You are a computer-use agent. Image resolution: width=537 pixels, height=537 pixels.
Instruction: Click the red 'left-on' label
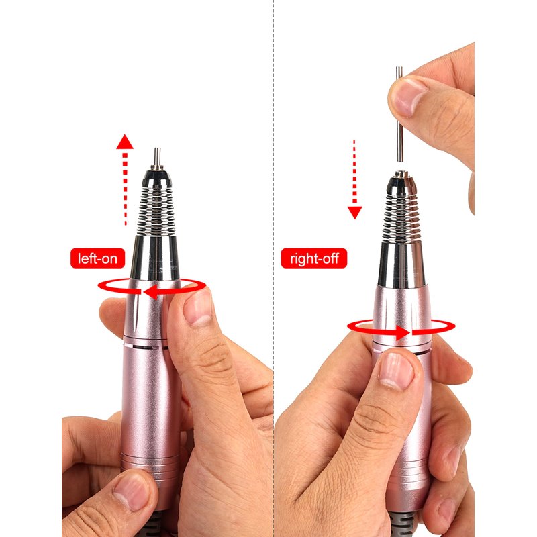coord(97,258)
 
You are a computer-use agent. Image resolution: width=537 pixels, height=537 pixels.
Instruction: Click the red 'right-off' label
coord(314,258)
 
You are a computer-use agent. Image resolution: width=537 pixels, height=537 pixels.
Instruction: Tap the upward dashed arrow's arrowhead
coord(125,142)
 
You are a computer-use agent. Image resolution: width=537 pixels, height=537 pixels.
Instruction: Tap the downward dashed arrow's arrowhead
coord(355,212)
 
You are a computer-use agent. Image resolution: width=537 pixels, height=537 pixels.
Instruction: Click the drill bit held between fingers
coord(399,114)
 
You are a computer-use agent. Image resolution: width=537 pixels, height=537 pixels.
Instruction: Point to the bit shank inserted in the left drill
coord(157,158)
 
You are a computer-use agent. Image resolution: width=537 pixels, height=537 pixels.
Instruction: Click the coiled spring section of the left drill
coord(156,211)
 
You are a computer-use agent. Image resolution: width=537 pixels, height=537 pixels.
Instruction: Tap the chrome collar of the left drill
coord(155,257)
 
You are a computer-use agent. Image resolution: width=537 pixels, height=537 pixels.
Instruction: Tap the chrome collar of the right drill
coord(401,264)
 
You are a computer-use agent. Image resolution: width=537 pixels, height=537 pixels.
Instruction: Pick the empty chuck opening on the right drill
coord(401,175)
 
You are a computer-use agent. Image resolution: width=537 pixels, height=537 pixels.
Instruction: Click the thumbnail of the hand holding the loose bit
coord(409,97)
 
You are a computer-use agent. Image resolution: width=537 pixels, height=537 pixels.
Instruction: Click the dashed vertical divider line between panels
coord(273,268)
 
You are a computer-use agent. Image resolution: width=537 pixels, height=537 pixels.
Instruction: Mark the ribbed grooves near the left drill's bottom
coord(150,467)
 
